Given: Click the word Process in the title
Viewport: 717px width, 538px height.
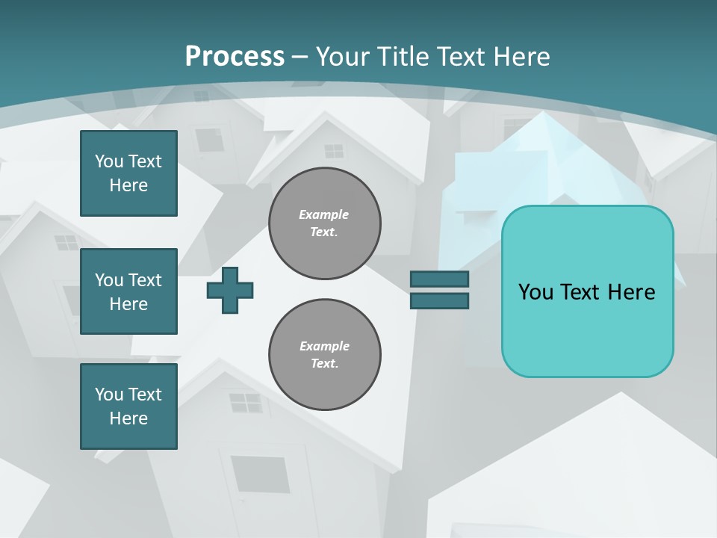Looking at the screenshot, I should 235,56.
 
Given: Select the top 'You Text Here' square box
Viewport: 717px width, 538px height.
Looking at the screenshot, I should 128,173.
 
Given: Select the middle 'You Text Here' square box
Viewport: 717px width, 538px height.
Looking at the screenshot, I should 128,291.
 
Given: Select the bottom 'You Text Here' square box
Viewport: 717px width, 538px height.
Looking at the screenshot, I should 128,406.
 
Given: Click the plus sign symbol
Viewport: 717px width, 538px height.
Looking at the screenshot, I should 230,290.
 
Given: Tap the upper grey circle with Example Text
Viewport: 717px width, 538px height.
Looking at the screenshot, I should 324,223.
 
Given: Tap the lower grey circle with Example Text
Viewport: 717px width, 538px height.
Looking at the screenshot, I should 324,354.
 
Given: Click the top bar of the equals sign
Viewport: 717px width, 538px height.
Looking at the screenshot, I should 439,279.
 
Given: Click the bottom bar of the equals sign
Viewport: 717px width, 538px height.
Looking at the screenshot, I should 439,300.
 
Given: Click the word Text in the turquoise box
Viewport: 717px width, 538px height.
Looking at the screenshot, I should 581,291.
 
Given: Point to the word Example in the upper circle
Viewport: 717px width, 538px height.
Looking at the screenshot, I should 323,214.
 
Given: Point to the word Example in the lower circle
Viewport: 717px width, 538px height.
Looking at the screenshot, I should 324,346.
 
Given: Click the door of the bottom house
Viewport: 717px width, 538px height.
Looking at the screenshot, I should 260,474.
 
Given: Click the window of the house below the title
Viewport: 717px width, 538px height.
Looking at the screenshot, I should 333,150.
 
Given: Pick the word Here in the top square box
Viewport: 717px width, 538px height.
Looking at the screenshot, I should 128,185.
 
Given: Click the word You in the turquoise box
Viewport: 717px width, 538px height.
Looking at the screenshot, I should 536,291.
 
